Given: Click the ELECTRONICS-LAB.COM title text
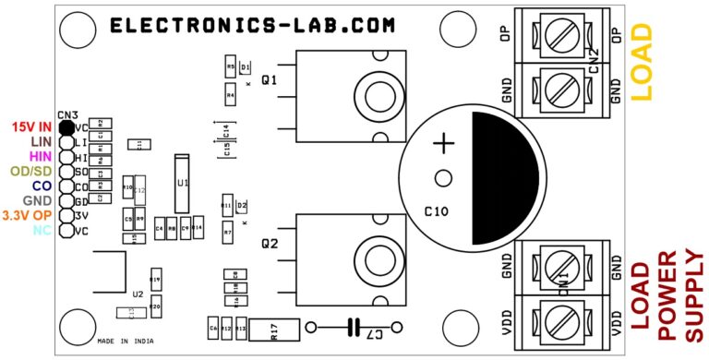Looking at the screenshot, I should pyautogui.click(x=252, y=26).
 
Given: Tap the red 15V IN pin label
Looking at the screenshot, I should pyautogui.click(x=31, y=126).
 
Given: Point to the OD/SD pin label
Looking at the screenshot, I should pyautogui.click(x=30, y=171).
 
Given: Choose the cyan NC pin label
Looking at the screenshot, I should pyautogui.click(x=42, y=230).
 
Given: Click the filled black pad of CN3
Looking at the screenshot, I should pyautogui.click(x=66, y=127).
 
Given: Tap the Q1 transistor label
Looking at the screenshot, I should pyautogui.click(x=270, y=80).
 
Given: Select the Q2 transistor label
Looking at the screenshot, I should pyautogui.click(x=270, y=245).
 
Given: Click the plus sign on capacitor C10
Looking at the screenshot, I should pyautogui.click(x=445, y=143).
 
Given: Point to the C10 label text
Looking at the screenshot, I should pyautogui.click(x=436, y=211).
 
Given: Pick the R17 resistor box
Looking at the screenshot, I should pyautogui.click(x=273, y=329).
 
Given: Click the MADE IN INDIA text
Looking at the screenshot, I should pyautogui.click(x=125, y=341).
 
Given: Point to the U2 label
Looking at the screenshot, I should pyautogui.click(x=138, y=294).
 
